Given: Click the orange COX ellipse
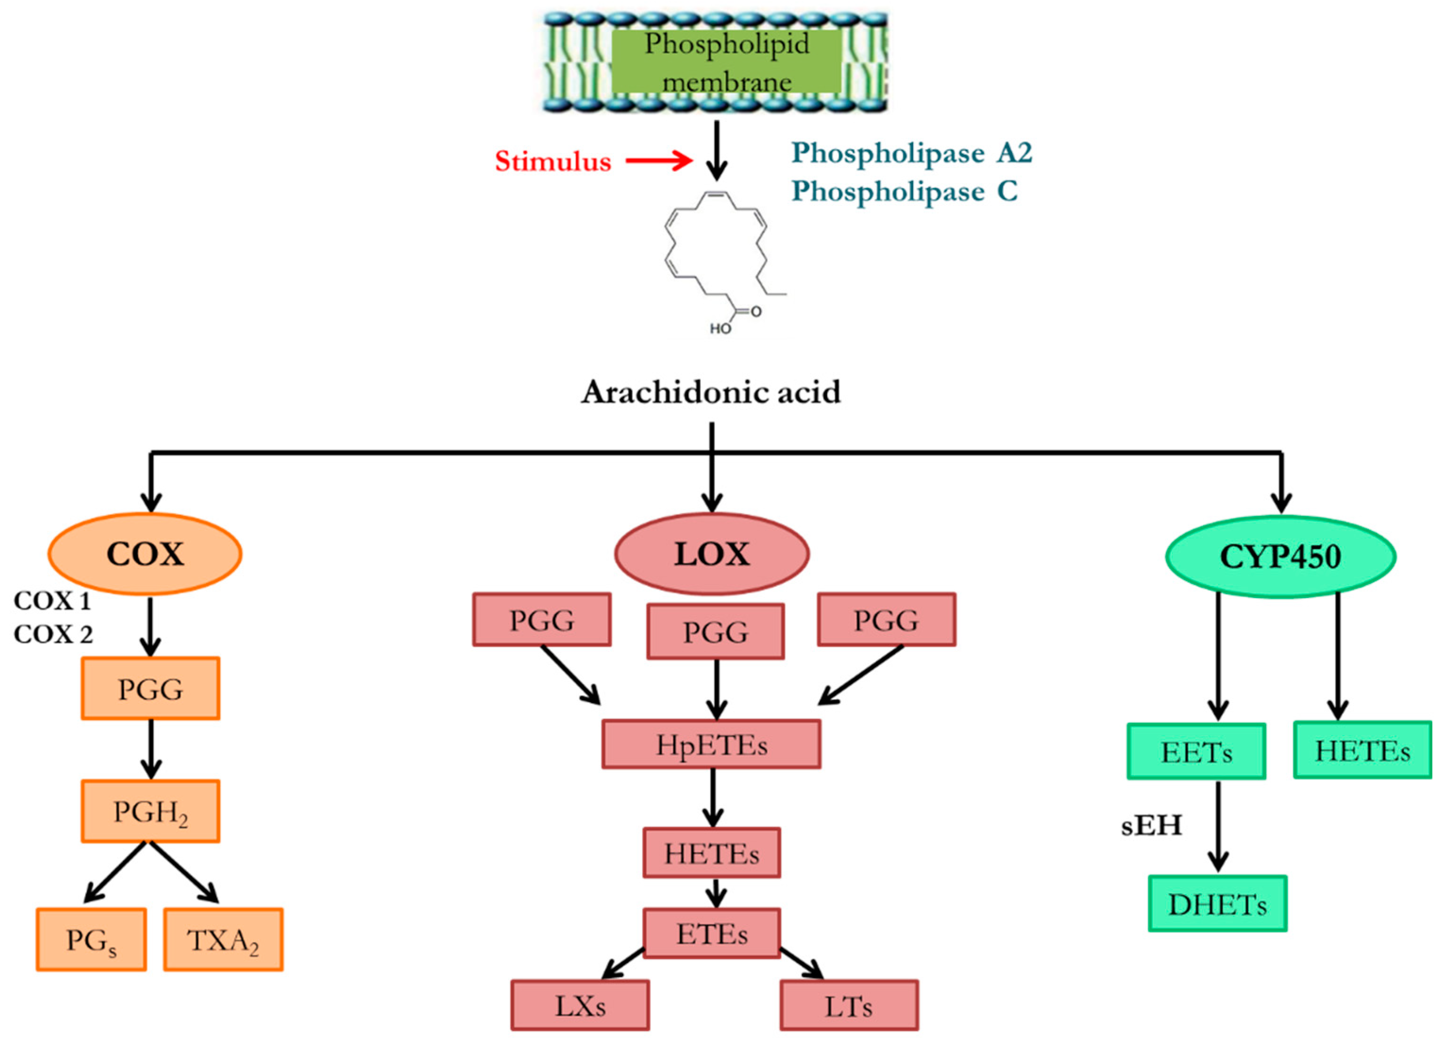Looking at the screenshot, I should click(145, 554).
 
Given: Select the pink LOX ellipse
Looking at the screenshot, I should click(711, 554).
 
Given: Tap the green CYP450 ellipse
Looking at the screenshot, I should click(1281, 556).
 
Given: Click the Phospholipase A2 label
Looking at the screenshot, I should click(912, 153).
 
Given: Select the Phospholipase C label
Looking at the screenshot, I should click(904, 191).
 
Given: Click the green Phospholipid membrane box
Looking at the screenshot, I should click(726, 61).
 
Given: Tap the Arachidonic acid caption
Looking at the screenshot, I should click(710, 392).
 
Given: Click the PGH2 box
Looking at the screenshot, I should click(151, 811).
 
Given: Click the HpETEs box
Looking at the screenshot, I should click(711, 744).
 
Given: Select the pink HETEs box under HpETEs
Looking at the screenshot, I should click(711, 853).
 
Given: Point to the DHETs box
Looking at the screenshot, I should click(1217, 904).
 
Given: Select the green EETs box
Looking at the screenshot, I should click(1196, 752).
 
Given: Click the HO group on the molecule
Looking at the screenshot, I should click(719, 329).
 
